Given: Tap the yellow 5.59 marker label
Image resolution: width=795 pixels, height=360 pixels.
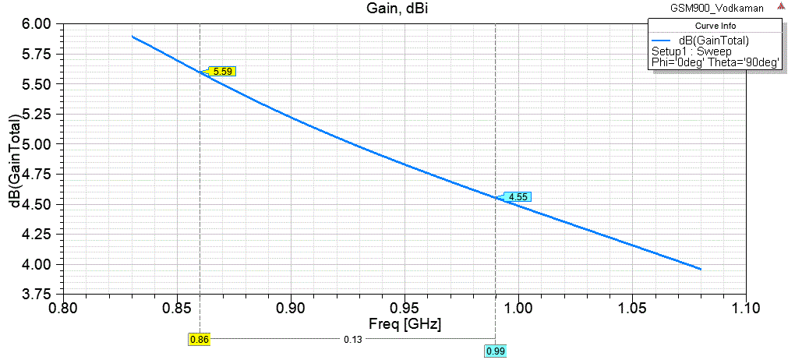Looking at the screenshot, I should [222, 71].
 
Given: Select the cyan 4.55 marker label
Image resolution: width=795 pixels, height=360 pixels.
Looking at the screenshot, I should [518, 197].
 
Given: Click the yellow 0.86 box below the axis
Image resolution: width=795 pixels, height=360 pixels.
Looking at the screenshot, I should [199, 340].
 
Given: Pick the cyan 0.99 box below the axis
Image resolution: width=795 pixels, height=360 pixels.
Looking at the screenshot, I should [495, 352].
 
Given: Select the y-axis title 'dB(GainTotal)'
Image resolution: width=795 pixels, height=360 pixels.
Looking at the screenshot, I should [15, 161].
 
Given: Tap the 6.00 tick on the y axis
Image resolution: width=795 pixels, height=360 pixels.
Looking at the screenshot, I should [36, 24].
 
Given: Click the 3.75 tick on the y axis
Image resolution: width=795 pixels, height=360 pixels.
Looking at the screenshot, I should [36, 294].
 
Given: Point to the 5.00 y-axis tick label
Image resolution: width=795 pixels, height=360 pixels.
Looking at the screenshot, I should [36, 144].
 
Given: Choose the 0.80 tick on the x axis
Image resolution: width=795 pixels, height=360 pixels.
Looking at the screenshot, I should [63, 308].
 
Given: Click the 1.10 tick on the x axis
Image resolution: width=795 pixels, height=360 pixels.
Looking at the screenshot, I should [746, 308].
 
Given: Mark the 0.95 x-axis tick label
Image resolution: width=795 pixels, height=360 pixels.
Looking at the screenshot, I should [405, 308].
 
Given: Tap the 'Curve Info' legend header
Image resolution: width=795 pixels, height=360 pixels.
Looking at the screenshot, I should [715, 26].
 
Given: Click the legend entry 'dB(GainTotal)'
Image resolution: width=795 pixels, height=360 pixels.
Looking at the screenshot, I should [714, 41].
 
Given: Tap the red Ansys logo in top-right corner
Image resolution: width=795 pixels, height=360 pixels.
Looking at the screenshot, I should [781, 6].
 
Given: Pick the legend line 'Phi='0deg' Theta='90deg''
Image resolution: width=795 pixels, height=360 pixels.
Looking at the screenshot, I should [715, 63].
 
